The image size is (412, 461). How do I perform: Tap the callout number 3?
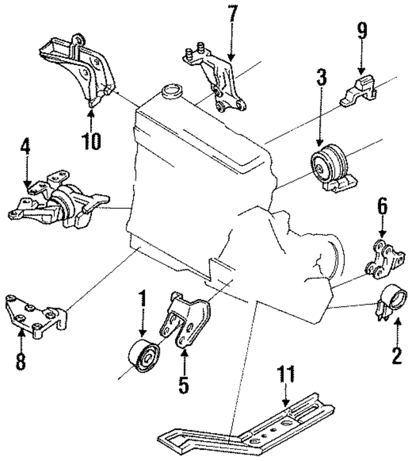[321, 79]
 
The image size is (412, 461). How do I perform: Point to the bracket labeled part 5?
[187, 322]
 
